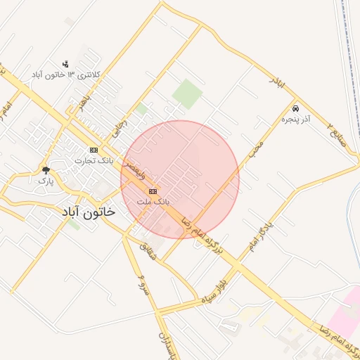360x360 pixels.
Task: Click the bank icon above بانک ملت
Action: tap(153, 191)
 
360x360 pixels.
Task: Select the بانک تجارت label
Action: tap(94, 161)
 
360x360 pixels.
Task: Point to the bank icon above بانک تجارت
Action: tap(94, 150)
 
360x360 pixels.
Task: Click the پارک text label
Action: tap(46, 181)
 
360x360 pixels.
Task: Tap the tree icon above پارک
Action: tap(46, 170)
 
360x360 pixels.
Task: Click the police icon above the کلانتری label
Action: tap(66, 63)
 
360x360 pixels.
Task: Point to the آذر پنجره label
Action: tap(295, 120)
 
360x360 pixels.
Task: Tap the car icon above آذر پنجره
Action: tap(295, 109)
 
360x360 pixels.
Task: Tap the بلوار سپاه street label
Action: tap(217, 292)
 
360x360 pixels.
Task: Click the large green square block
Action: tap(187, 94)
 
